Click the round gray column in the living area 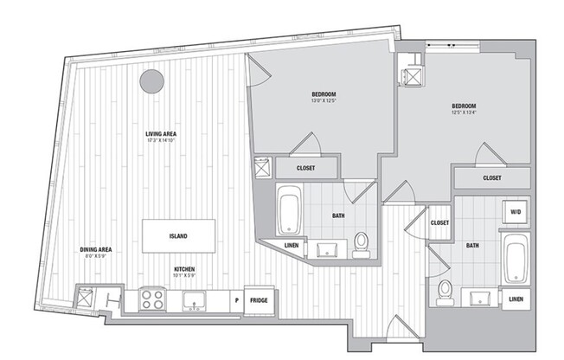click(x=151, y=81)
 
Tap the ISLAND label click(x=179, y=235)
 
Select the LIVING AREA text click(x=161, y=134)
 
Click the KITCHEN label click(x=183, y=269)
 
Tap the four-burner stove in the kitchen click(x=153, y=299)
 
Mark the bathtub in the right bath click(x=516, y=258)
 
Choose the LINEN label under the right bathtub click(x=516, y=299)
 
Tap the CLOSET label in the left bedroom click(x=305, y=169)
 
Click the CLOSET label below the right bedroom click(x=492, y=178)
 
